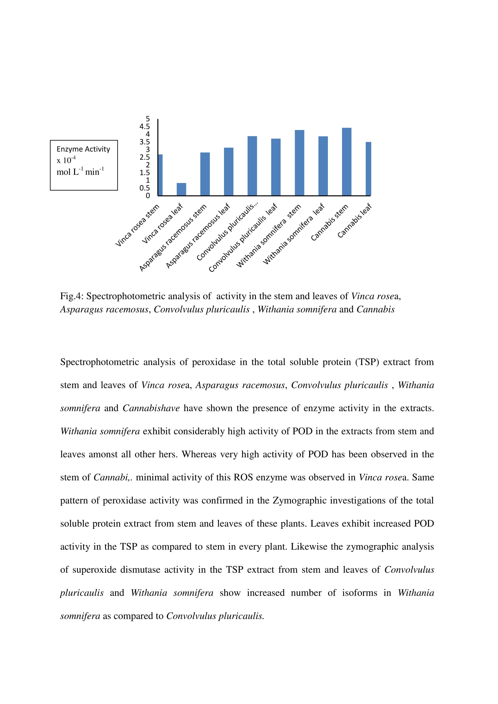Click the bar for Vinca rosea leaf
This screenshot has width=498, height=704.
click(x=181, y=189)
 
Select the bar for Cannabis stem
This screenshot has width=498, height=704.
click(x=347, y=162)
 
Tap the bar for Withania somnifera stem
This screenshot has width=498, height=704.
click(x=299, y=163)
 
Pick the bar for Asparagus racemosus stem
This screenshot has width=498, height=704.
click(x=205, y=174)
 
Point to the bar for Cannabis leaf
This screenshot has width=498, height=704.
click(x=368, y=169)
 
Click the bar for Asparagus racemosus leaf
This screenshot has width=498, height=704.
click(x=229, y=172)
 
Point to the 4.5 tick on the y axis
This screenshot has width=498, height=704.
click(x=145, y=127)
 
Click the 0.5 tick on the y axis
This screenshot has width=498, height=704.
click(x=145, y=188)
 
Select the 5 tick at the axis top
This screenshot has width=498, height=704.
click(x=148, y=119)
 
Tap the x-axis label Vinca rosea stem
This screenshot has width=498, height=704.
click(x=137, y=225)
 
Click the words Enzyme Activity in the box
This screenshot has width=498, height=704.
click(x=83, y=149)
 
